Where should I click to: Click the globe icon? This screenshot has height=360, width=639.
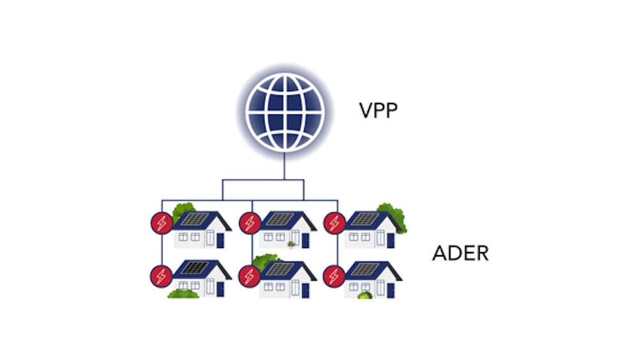(285, 112)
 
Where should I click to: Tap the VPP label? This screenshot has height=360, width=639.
(378, 111)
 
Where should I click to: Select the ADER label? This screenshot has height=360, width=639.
(461, 253)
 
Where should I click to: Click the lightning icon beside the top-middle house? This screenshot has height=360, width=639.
(250, 223)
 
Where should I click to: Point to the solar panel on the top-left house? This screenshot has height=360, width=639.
(195, 219)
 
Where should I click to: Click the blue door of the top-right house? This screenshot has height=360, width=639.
(390, 240)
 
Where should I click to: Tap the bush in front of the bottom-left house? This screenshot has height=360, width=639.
(183, 293)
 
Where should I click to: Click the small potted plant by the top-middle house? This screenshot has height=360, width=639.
(291, 245)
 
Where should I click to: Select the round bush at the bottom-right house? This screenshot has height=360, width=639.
(365, 295)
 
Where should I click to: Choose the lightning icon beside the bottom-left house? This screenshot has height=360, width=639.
(162, 276)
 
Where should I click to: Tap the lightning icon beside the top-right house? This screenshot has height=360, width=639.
(335, 223)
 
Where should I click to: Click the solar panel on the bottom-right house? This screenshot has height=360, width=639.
(365, 269)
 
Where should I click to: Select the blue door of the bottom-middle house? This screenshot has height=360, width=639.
(305, 290)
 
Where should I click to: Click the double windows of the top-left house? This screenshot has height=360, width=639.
(190, 237)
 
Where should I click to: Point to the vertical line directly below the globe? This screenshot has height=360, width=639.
(284, 166)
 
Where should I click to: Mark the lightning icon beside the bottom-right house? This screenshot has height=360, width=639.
(334, 276)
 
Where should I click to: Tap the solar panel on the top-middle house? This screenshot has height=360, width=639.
(280, 219)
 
